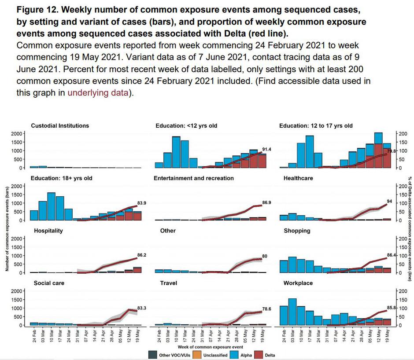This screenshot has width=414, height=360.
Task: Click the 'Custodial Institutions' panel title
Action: point(60,126)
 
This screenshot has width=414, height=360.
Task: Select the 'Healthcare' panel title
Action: point(296,178)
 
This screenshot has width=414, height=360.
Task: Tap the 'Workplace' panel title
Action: point(295,283)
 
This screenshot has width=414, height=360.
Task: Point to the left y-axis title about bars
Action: point(7,229)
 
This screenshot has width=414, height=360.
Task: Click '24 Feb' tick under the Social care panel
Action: point(35,334)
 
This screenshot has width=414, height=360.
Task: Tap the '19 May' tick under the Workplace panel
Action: point(388,334)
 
